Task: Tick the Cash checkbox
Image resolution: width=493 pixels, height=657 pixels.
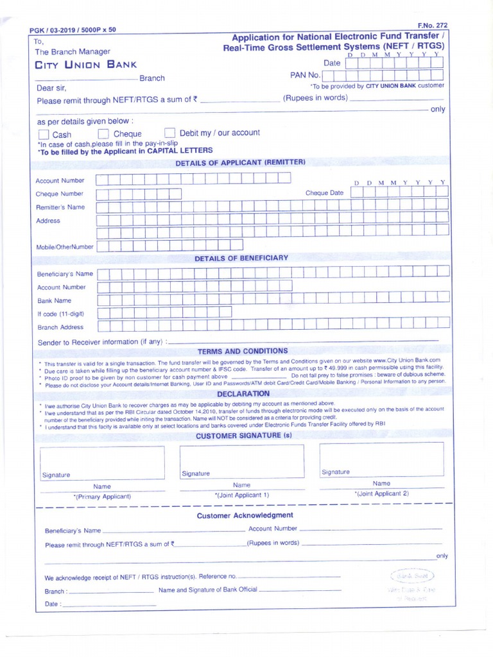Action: [x=44, y=135]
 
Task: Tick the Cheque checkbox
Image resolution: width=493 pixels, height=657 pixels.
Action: [x=103, y=134]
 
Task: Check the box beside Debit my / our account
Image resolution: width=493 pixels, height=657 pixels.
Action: [x=170, y=133]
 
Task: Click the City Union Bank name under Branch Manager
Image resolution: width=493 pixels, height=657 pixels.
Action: [x=85, y=65]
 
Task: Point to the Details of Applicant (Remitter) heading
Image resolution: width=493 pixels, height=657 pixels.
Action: [x=240, y=162]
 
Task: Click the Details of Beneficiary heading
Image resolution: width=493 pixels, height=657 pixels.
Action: [x=241, y=258]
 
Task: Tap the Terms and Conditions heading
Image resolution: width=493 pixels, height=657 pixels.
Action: [x=243, y=352]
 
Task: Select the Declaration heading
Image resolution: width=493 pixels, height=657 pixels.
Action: [x=243, y=393]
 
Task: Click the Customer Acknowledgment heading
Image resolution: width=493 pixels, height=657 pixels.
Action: [x=245, y=515]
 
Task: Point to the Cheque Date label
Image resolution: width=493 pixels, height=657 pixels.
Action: [x=324, y=193]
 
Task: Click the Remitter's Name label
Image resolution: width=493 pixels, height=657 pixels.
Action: [x=60, y=207]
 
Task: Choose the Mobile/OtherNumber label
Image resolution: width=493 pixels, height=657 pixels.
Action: [x=65, y=246]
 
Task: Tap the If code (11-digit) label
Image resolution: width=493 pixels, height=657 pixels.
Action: [x=61, y=314]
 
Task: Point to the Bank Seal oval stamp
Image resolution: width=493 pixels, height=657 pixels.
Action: [x=411, y=576]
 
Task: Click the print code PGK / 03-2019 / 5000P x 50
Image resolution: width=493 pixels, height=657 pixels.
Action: [x=73, y=30]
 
